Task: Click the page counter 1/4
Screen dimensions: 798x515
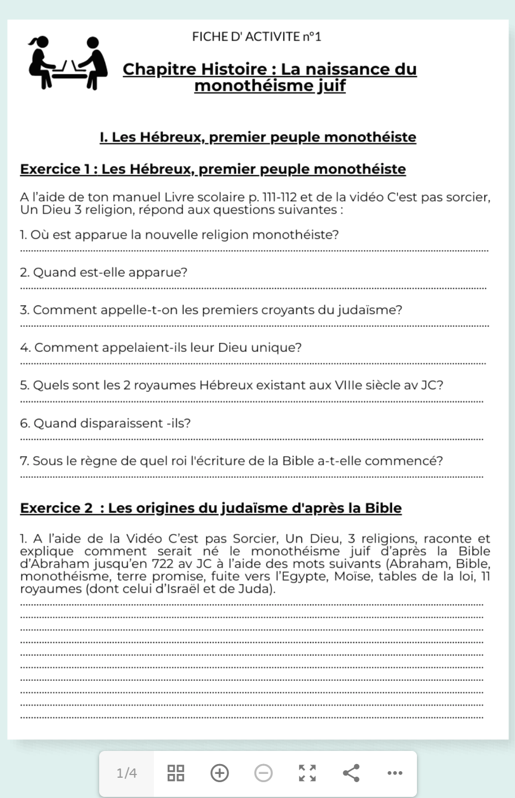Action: coord(127,773)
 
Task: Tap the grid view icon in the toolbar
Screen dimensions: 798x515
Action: coord(176,773)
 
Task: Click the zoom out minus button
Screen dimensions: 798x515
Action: coord(264,773)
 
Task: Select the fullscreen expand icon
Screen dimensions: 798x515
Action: coord(307,773)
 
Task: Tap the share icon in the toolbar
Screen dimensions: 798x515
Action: coord(351,773)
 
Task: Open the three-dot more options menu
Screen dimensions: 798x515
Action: coord(394,773)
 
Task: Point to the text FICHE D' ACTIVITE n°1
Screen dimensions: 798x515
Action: coord(256,37)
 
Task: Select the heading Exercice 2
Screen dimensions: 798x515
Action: coord(56,508)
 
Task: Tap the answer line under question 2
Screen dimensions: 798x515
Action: coord(253,288)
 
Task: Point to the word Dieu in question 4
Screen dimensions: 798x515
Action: coord(232,348)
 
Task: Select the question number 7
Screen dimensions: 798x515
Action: coord(24,461)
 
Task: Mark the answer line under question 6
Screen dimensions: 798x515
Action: coord(252,439)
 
